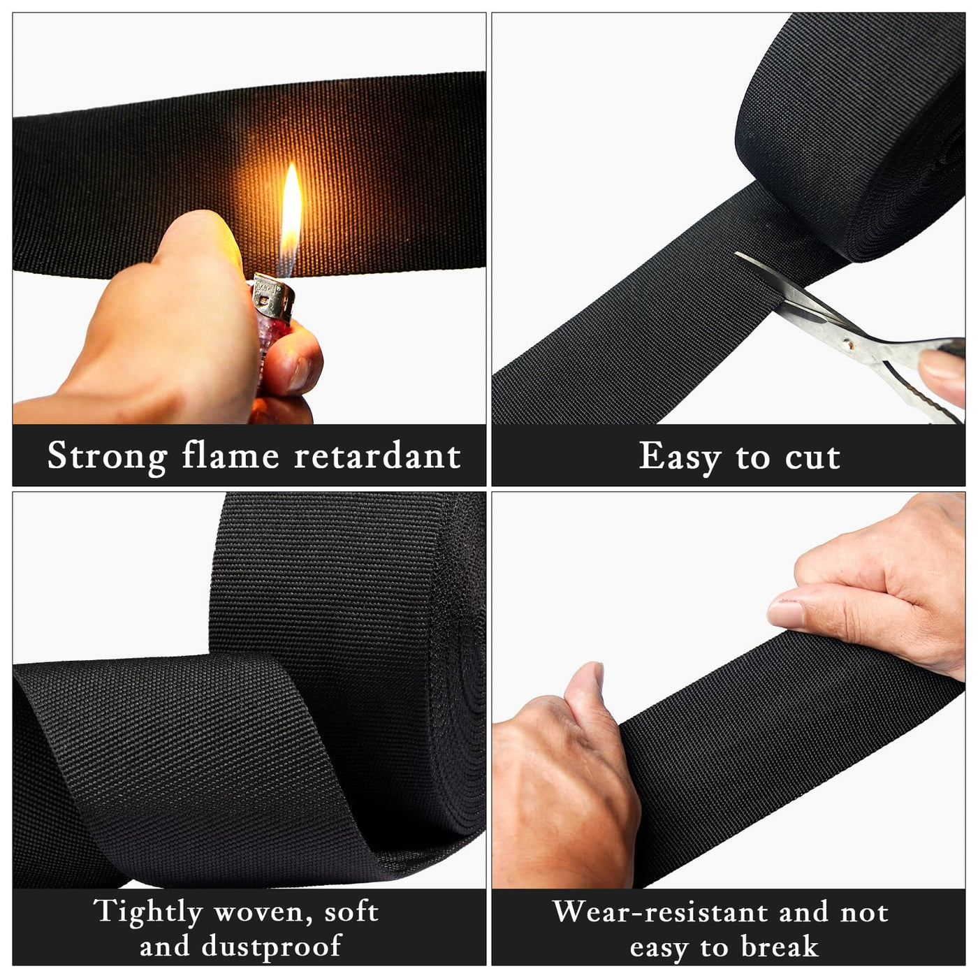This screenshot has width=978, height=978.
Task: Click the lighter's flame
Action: (x=291, y=218)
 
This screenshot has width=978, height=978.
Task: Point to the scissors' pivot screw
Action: (x=846, y=345)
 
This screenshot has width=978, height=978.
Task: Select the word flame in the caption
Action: (x=231, y=455)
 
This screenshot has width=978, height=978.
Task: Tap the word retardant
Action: (x=378, y=455)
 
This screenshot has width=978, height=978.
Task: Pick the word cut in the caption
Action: (x=812, y=458)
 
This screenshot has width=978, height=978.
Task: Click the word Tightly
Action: (x=148, y=912)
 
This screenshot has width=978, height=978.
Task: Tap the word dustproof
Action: (x=272, y=946)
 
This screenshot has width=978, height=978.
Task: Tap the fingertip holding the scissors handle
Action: (x=942, y=375)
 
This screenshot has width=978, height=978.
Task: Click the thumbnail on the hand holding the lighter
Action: (x=298, y=374)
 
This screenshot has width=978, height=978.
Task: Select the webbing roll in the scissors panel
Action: (x=850, y=137)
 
